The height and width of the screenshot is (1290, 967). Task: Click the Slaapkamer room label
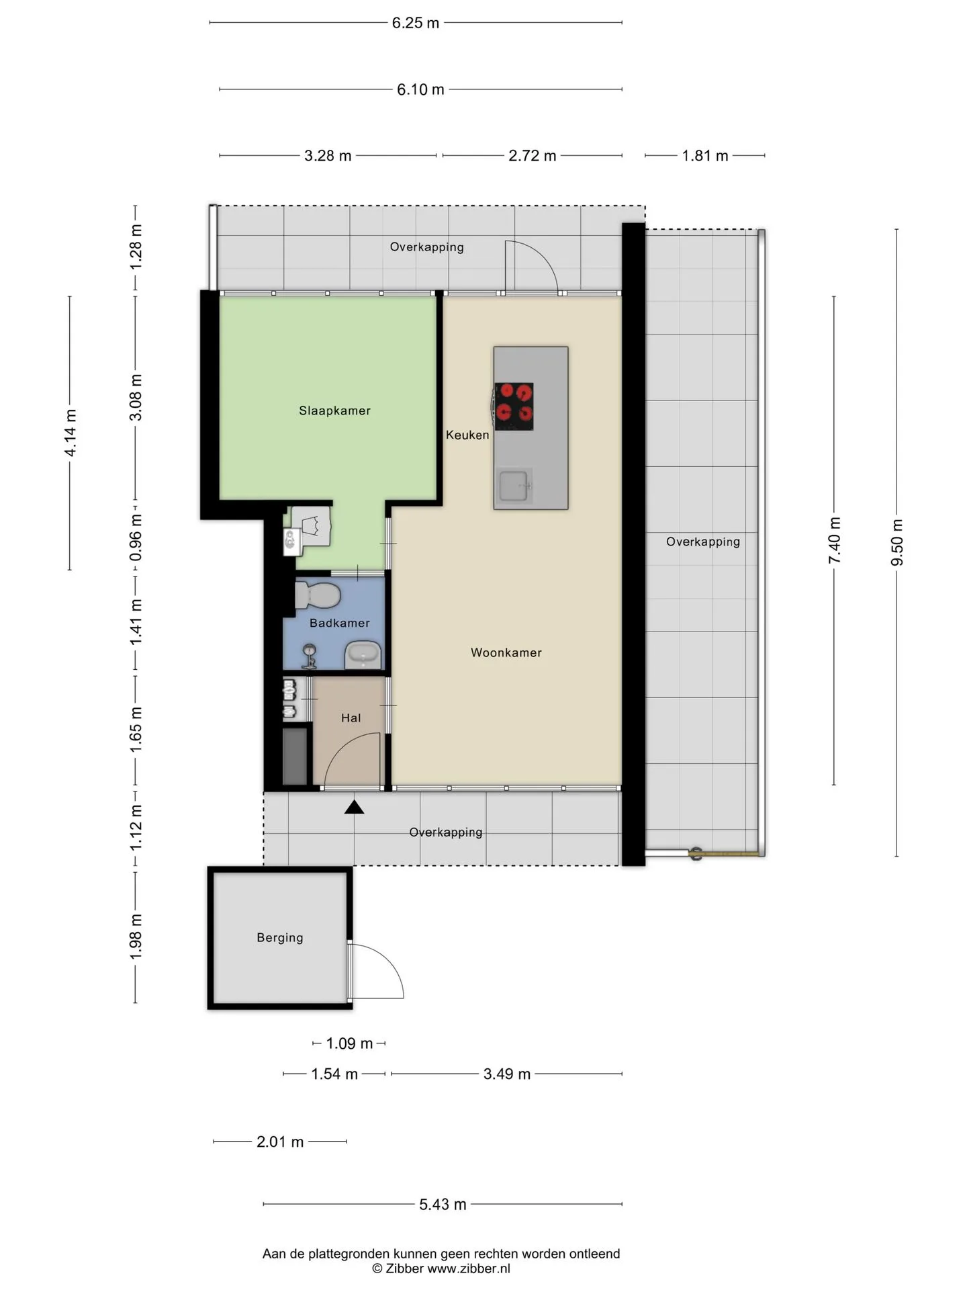coord(334,411)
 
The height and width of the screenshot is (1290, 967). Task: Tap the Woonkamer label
coord(506,652)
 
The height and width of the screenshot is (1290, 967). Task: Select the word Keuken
coord(467,435)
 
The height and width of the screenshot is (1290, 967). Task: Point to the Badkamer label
coord(339,623)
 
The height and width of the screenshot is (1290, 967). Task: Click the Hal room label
coord(351,718)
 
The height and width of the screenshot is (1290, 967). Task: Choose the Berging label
coord(280,937)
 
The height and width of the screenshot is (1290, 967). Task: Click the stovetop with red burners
coord(514,406)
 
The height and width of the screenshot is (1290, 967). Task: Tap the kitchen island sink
coord(514,486)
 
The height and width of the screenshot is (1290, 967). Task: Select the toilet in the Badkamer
coord(318,595)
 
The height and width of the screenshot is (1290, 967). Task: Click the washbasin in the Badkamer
coord(363,655)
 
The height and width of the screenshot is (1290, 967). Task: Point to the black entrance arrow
coord(354,808)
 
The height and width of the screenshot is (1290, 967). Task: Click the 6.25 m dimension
coord(416,23)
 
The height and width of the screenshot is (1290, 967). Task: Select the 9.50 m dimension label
coord(897,542)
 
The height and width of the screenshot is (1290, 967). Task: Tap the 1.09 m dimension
coord(349,1043)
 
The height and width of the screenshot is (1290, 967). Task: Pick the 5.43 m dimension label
coord(443,1205)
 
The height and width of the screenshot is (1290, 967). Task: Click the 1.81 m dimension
coord(705,156)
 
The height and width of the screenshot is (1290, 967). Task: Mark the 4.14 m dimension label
coord(71,433)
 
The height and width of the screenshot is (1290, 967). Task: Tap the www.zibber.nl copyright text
coord(469,1268)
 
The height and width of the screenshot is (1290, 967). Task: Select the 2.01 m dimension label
coord(280,1142)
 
